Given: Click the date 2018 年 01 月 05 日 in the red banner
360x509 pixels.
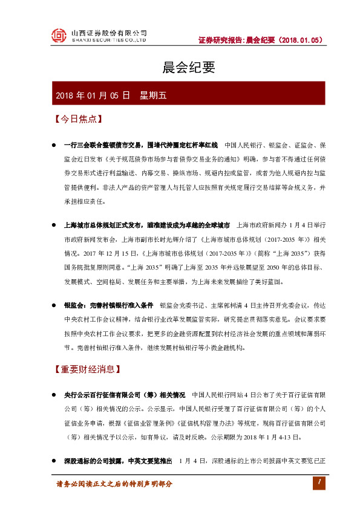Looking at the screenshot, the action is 93,95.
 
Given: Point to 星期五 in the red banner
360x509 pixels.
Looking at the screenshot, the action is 157,95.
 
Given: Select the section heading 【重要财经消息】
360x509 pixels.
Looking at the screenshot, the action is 88,368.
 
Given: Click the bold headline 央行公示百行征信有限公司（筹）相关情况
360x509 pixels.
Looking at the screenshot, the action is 124,395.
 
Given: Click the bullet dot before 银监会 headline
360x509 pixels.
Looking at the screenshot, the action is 54,305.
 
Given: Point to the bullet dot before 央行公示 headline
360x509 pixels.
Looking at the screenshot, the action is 54,395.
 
